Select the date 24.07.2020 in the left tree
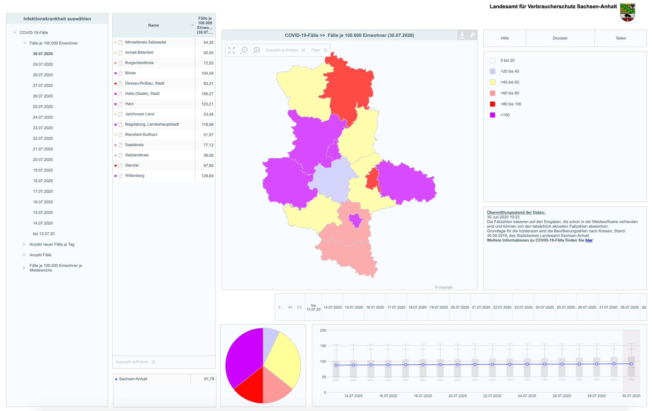(x=43, y=117)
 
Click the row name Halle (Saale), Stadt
(x=142, y=93)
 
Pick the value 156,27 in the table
(x=207, y=94)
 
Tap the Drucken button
(x=560, y=38)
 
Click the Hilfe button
(x=504, y=38)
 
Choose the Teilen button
(x=620, y=38)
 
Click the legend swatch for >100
(x=493, y=115)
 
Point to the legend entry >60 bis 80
(x=510, y=93)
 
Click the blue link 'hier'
(x=589, y=240)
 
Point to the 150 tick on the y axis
(x=323, y=346)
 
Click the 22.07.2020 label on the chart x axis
(x=492, y=396)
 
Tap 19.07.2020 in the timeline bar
(x=438, y=307)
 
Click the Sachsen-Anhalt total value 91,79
(x=209, y=379)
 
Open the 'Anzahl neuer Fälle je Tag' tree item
(x=52, y=244)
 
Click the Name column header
(x=153, y=25)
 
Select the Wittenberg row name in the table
(x=135, y=176)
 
